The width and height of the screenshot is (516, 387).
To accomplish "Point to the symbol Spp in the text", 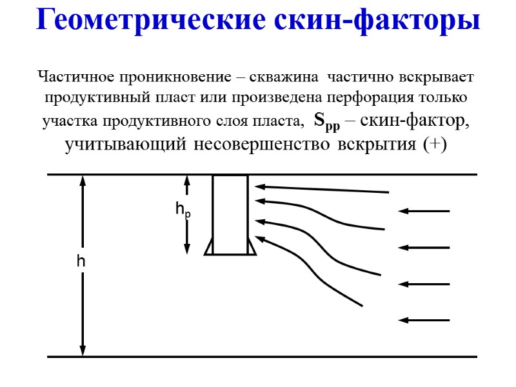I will (326, 121).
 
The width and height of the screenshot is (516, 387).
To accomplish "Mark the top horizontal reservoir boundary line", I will (129, 174).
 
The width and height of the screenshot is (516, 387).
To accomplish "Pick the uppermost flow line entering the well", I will (322, 190).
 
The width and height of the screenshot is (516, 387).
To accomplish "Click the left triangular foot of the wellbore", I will (209, 248).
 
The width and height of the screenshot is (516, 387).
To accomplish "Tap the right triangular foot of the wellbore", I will (252, 248).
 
